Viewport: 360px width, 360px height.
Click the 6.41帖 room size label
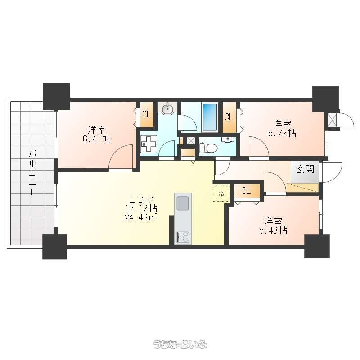[97, 139]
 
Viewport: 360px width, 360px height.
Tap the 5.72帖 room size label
[282, 133]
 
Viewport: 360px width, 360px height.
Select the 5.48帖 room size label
[273, 230]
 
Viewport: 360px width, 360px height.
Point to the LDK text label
[141, 199]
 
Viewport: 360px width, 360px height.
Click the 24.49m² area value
[141, 217]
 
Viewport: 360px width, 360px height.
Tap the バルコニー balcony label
[32, 173]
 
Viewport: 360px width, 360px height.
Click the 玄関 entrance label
[305, 169]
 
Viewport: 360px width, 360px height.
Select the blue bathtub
[210, 117]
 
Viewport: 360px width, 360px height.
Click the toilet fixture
[208, 148]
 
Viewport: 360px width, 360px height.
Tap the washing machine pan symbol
[149, 144]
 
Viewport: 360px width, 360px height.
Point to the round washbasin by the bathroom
[168, 108]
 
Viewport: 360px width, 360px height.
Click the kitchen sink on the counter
[183, 203]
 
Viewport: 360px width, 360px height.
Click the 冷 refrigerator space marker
[221, 193]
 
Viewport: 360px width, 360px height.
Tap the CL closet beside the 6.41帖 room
[147, 114]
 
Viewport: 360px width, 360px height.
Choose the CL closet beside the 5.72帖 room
[229, 117]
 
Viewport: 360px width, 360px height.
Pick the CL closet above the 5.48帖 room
[247, 191]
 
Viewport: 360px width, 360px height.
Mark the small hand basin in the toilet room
[228, 140]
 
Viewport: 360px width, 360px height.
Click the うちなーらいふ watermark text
[180, 344]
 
